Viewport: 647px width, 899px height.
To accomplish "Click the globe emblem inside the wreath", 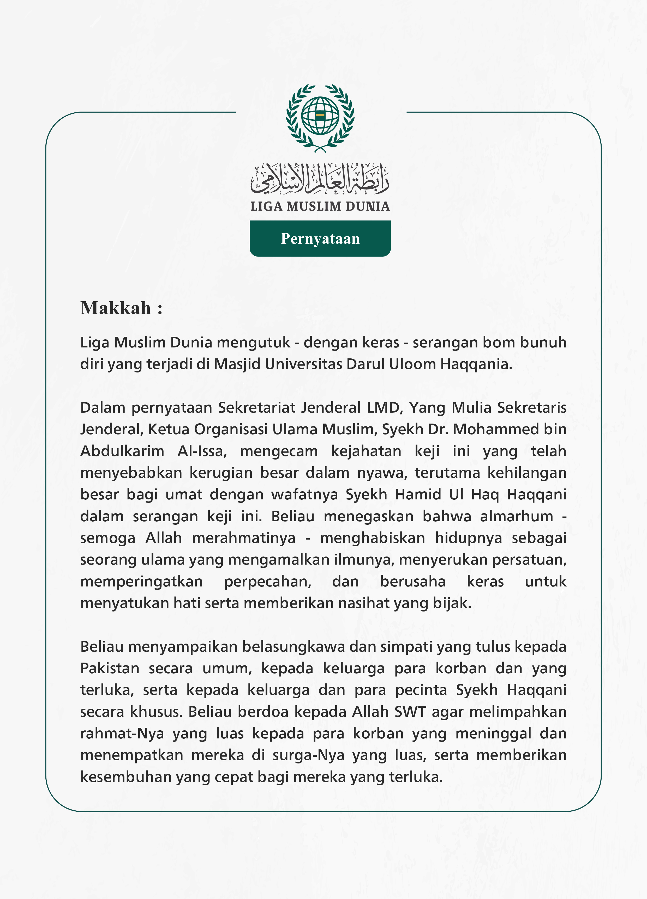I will click(320, 116).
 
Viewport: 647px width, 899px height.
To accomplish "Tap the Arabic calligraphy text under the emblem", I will click(320, 179).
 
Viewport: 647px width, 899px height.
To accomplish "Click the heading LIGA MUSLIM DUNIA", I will click(320, 206).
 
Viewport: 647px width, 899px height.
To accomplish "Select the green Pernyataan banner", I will click(320, 238).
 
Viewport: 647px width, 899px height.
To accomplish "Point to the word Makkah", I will click(116, 308).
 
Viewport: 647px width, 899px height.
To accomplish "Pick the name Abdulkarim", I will click(122, 451).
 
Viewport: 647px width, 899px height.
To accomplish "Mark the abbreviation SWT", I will click(410, 712).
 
